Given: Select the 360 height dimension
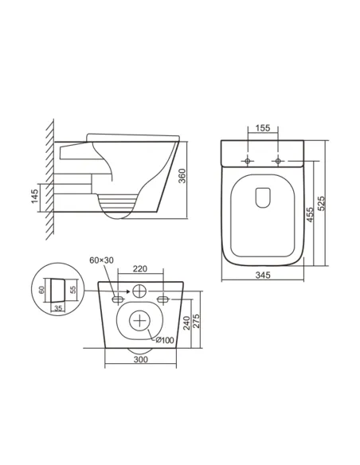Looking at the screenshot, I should tap(182, 177).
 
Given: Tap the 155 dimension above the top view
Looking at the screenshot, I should tap(262, 127).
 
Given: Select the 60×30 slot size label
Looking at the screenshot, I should tap(102, 260).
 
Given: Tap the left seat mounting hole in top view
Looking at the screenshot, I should tap(248, 162).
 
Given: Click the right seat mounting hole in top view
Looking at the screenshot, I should tap(277, 162).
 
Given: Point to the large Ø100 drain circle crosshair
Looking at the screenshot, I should tap(141, 321).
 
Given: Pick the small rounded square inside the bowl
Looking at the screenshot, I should tap(262, 196).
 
